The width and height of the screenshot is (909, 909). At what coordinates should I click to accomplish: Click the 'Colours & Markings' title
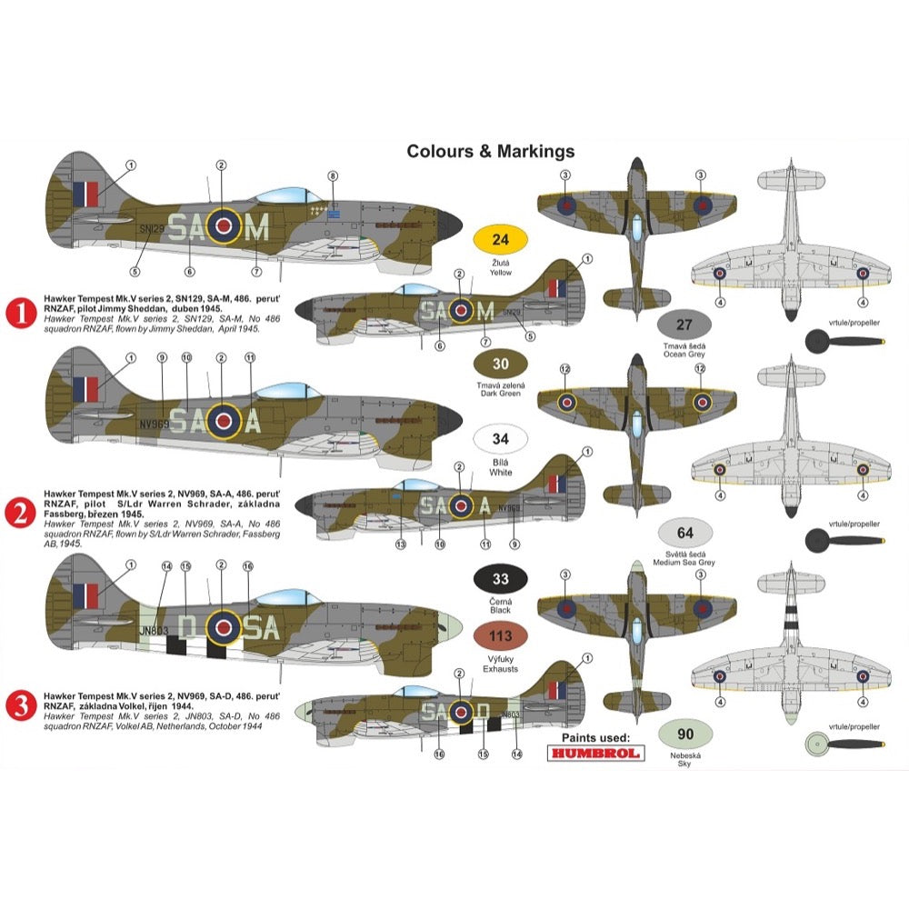(490, 151)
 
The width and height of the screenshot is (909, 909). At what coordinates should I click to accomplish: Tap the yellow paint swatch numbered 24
(500, 241)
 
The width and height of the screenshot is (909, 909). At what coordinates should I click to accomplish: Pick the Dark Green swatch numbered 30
(500, 365)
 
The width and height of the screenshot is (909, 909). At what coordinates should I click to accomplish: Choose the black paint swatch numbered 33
(500, 579)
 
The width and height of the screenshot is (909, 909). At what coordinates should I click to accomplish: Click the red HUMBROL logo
(595, 752)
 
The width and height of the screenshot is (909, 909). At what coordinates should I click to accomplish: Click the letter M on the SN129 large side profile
(258, 227)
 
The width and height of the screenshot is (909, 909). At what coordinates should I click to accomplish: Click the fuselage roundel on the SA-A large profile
(222, 420)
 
